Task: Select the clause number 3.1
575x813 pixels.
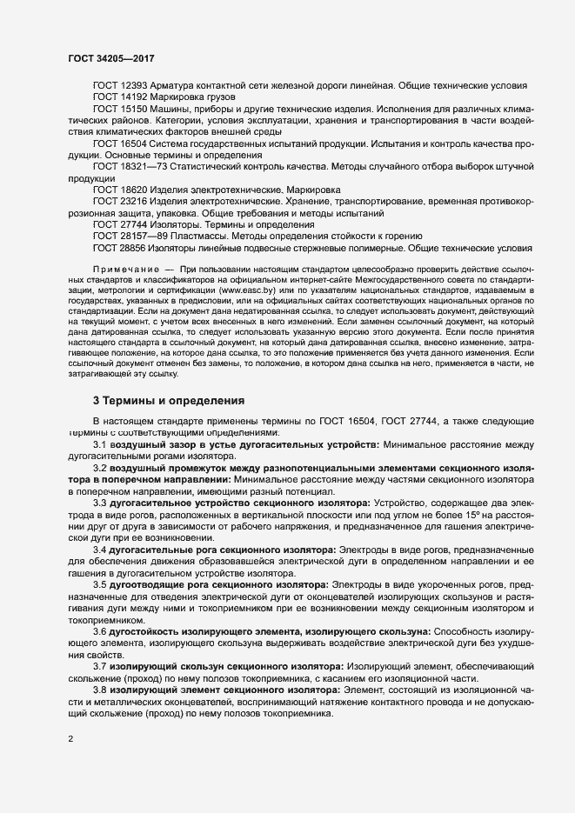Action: click(x=100, y=444)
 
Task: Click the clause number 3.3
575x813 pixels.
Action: click(x=100, y=502)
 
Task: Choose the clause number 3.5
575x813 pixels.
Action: click(x=100, y=583)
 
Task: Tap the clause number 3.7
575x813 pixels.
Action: click(x=100, y=665)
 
